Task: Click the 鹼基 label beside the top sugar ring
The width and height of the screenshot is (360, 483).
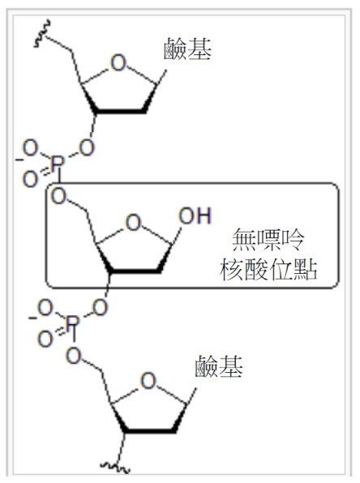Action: click(x=187, y=49)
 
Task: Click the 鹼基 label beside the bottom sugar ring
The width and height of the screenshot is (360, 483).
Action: click(x=219, y=366)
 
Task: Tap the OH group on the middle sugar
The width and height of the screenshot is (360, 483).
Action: click(x=195, y=216)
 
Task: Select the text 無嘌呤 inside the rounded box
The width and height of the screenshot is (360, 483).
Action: click(x=268, y=240)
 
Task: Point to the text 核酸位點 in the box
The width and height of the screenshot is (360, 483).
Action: click(x=268, y=269)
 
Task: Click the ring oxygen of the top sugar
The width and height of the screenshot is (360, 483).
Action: click(x=118, y=63)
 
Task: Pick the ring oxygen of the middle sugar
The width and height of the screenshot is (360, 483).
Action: click(x=134, y=222)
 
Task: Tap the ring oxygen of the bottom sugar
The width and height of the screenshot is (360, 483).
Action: click(x=148, y=381)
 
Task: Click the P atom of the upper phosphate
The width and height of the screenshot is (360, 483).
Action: click(x=58, y=163)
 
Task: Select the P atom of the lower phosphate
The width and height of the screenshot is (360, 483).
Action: click(x=72, y=323)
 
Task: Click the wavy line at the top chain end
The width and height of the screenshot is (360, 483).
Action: click(x=42, y=34)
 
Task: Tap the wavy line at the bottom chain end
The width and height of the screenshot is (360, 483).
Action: click(x=115, y=468)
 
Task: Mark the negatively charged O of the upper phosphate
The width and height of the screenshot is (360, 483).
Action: click(x=30, y=147)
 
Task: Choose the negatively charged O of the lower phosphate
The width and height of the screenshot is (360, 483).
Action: click(x=45, y=308)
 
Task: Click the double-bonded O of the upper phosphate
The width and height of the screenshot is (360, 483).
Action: click(x=30, y=179)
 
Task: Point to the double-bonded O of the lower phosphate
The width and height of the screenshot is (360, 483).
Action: click(x=45, y=339)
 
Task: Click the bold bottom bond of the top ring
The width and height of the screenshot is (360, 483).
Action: click(x=119, y=110)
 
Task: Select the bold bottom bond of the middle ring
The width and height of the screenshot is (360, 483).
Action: click(x=135, y=270)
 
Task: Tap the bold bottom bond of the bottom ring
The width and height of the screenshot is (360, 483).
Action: click(x=150, y=430)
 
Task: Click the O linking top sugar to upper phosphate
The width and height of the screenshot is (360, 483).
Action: click(x=87, y=147)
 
